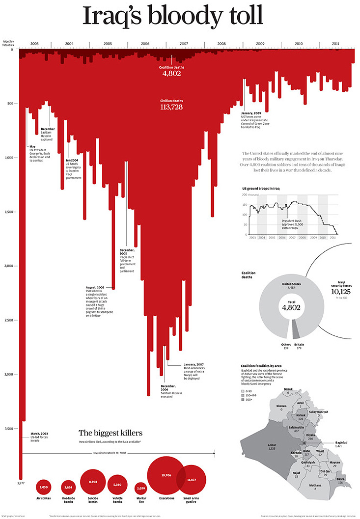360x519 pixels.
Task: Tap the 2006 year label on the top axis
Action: [x=145, y=44]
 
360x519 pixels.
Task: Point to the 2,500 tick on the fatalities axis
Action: [x=8, y=320]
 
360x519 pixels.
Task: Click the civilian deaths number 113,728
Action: [x=171, y=107]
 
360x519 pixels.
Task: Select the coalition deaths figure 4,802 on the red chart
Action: [x=172, y=73]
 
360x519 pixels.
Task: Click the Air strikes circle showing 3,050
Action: [x=43, y=487]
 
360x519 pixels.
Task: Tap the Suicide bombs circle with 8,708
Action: [x=93, y=483]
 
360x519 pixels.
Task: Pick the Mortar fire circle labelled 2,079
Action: [x=141, y=488]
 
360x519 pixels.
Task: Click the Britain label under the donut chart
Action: [x=299, y=345]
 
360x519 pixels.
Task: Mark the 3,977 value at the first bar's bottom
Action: [x=20, y=484]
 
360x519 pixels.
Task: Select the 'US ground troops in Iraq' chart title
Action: [x=261, y=189]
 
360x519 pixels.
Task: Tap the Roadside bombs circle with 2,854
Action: [x=68, y=487]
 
